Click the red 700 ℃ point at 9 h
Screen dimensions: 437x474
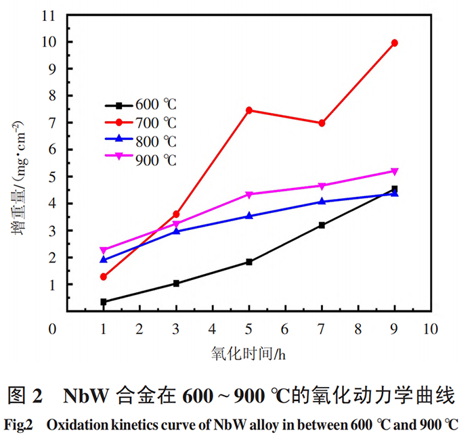[x=394, y=43]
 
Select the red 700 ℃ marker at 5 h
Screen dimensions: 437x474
[x=249, y=110]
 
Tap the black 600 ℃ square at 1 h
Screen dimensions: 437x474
[x=104, y=302]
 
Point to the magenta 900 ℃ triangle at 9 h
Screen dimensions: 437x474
[x=394, y=171]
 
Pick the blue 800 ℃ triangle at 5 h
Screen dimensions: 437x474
[x=249, y=216]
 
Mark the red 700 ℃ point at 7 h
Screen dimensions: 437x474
[x=322, y=123]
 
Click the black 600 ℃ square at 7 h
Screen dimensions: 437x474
[x=322, y=225]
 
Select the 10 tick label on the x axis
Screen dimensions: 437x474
[x=430, y=329]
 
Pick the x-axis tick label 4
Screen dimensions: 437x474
[x=213, y=329]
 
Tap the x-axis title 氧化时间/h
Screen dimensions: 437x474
[x=250, y=353]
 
